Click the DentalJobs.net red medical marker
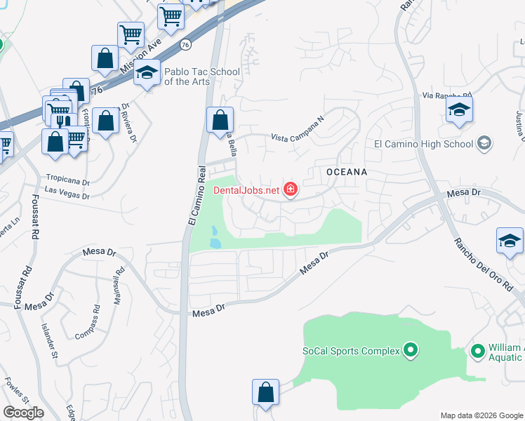coord(290,189)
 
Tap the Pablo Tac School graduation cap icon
coord(147,73)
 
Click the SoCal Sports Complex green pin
coord(411,350)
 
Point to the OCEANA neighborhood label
coord(347,171)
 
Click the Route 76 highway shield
coord(185,44)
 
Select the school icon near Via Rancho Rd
coord(459,109)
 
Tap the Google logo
coord(23,413)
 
